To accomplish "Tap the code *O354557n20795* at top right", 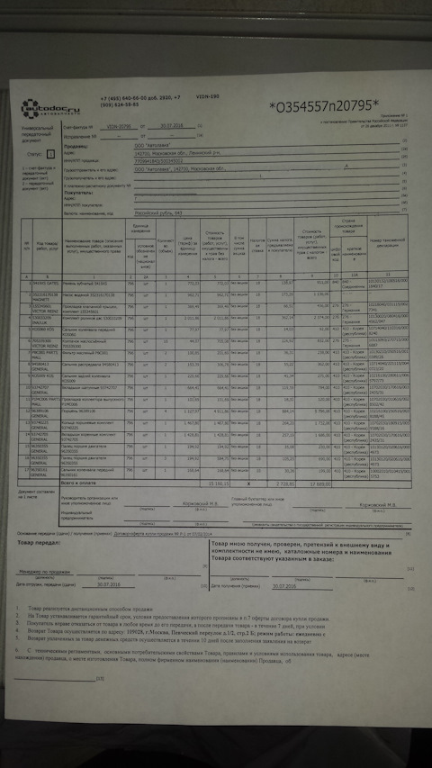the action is click(324, 108).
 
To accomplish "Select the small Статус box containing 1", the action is click(51, 154).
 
